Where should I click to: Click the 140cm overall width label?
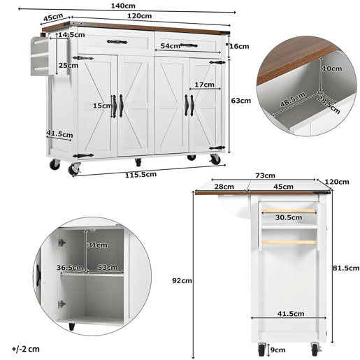pos(123,6)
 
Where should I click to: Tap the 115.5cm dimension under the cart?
pos(141,175)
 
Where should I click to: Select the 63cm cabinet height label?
pos(241,101)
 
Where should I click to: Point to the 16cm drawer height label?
pos(239,46)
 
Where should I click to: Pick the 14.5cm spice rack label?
pos(71,35)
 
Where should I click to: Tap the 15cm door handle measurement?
pos(103,106)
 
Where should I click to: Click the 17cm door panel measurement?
pos(204,85)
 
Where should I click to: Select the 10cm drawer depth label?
pos(332,69)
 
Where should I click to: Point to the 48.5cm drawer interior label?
pos(292,100)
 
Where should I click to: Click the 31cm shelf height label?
pos(97,245)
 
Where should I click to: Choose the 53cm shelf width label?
pos(107,268)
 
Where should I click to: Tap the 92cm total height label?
pos(182,281)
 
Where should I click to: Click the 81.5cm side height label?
pos(346,268)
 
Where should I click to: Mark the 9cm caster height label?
pos(278,350)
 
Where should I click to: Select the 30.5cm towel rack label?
pos(289,217)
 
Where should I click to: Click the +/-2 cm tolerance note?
pos(25,349)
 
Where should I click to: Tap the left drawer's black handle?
pos(117,42)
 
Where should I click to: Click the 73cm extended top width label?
pos(265,175)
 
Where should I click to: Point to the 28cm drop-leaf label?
pos(224,187)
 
